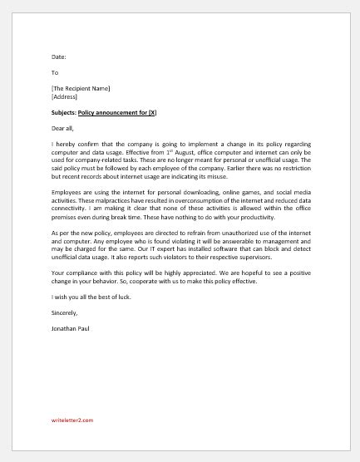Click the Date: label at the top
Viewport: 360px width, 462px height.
click(x=58, y=57)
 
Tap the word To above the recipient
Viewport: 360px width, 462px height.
click(x=55, y=72)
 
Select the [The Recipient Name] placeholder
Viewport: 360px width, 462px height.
click(x=81, y=88)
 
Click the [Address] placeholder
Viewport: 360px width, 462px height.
click(x=64, y=96)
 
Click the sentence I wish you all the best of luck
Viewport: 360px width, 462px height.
click(x=91, y=297)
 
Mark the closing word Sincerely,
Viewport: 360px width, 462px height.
click(x=64, y=312)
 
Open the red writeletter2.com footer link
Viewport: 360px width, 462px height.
click(x=72, y=420)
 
